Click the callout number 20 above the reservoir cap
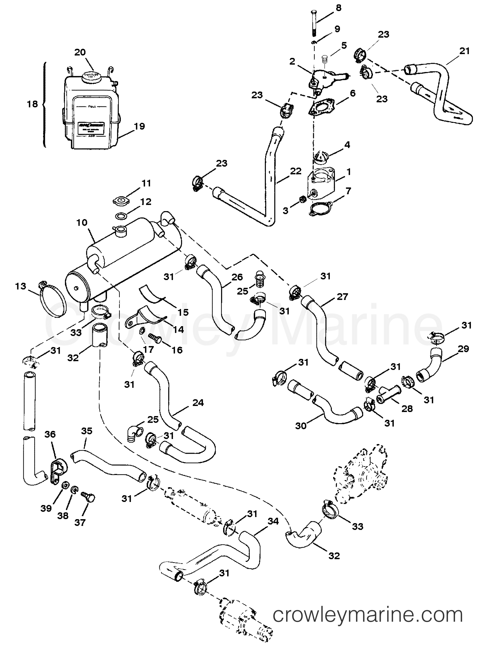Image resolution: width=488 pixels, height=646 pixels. click(x=80, y=52)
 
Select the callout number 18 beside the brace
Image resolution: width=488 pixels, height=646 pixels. click(x=32, y=104)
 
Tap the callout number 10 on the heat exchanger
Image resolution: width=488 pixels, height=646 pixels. click(x=82, y=223)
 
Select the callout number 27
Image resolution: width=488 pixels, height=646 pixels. click(x=342, y=297)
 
